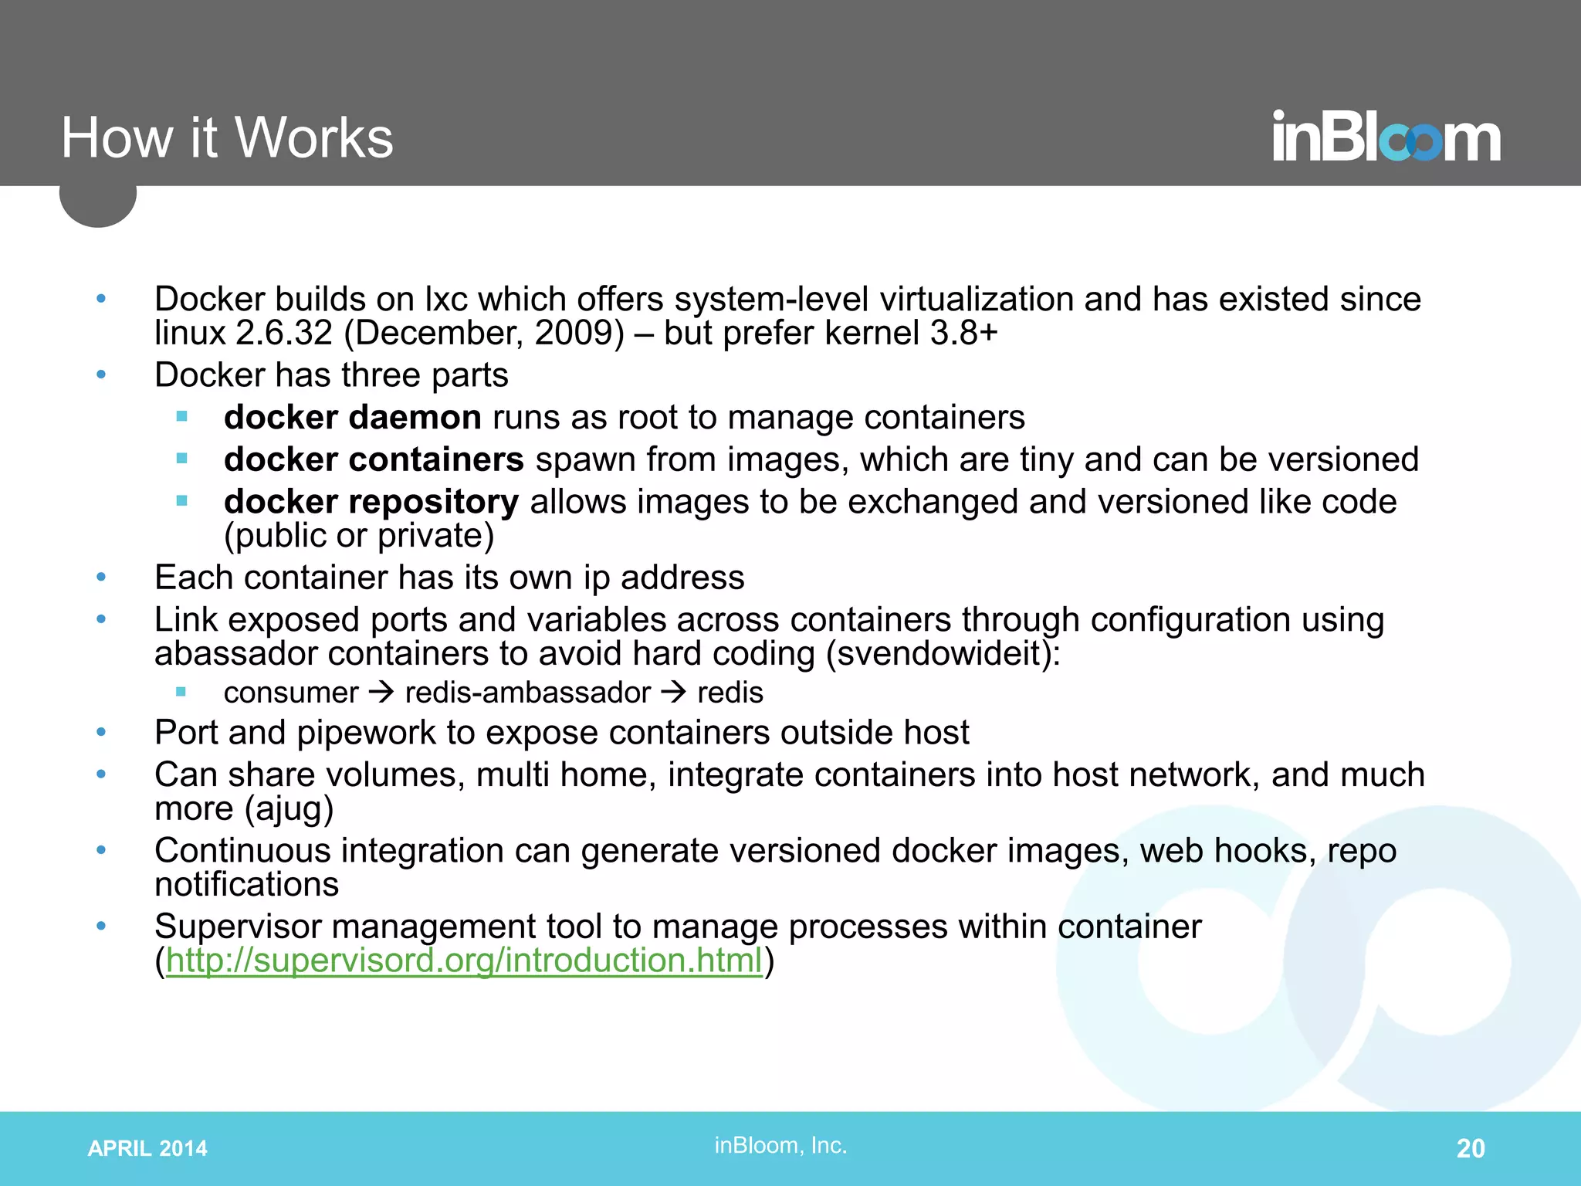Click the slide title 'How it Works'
click(x=227, y=138)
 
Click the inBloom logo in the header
click(x=1386, y=138)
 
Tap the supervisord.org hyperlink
click(x=464, y=961)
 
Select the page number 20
click(x=1470, y=1148)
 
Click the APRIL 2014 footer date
click(x=147, y=1148)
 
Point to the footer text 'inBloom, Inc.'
click(x=780, y=1145)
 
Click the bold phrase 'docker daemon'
click(x=353, y=418)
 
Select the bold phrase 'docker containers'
click(x=374, y=460)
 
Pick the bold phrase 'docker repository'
click(x=371, y=502)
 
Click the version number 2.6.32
click(x=283, y=334)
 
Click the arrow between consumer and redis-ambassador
click(x=381, y=692)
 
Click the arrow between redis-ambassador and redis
click(x=674, y=692)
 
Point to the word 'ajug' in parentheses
click(x=289, y=808)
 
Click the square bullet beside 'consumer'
click(x=181, y=692)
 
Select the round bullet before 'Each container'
click(x=101, y=578)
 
